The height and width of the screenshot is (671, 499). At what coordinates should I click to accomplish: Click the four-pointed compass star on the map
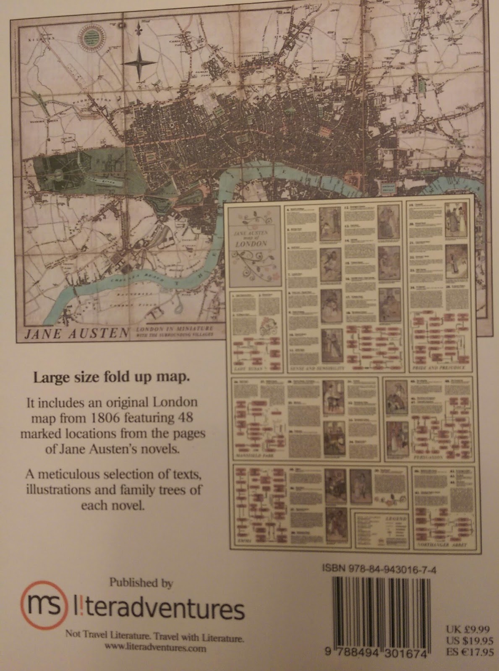point(141,62)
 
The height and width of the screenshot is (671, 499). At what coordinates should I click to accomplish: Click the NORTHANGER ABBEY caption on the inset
point(442,545)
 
